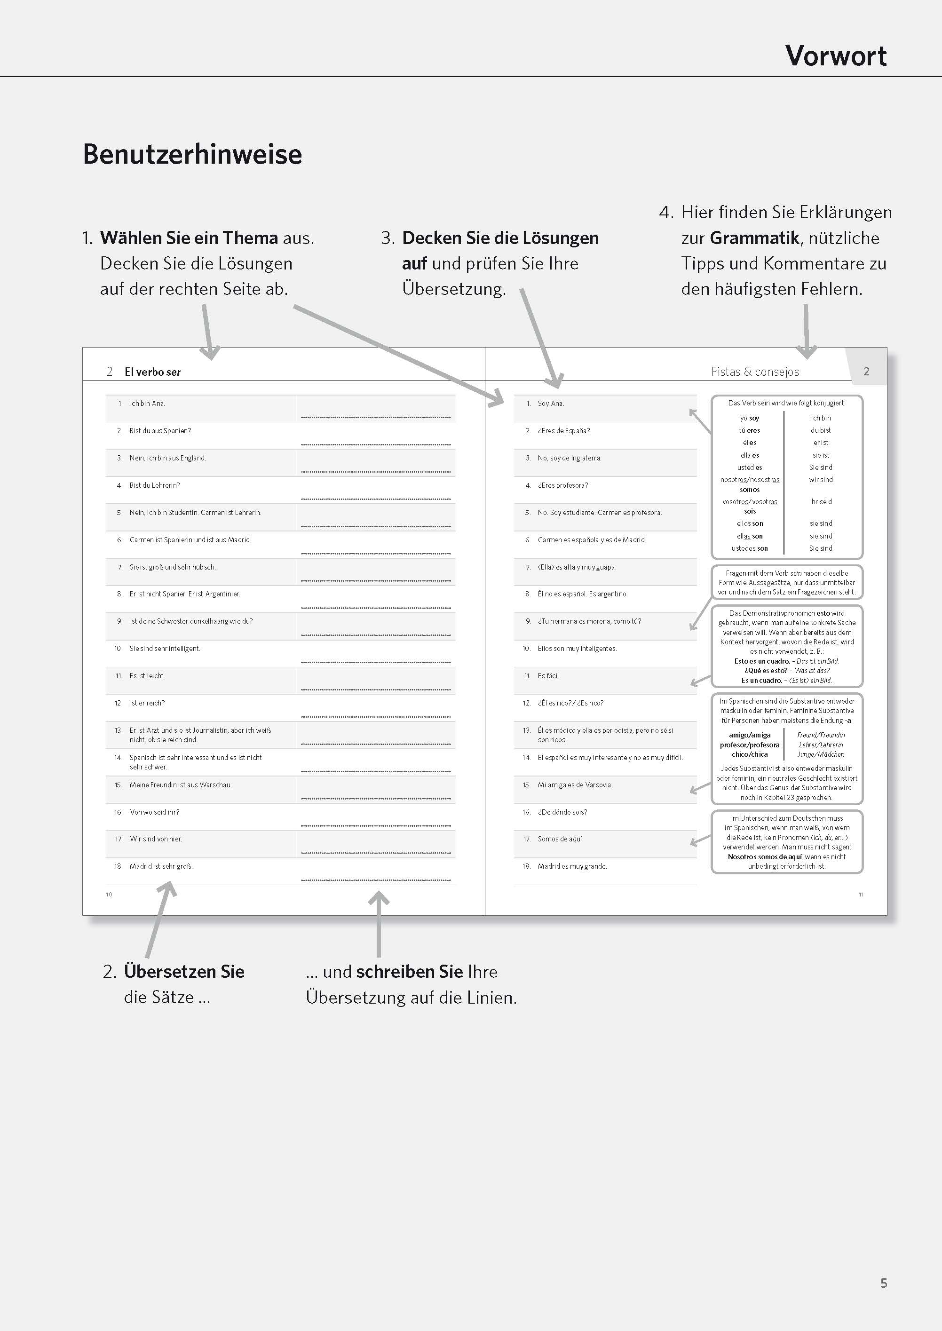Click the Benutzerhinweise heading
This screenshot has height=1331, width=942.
click(x=192, y=154)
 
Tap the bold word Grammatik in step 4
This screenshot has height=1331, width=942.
click(x=754, y=238)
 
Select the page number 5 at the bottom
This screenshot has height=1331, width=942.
click(x=883, y=1283)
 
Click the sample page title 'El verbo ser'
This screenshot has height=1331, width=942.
click(x=152, y=372)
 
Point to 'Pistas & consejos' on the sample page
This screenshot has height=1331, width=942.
click(x=755, y=372)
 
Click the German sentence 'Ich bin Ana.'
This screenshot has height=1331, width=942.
click(x=147, y=403)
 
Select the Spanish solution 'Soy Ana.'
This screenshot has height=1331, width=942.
click(x=550, y=403)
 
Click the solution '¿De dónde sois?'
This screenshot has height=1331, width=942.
click(x=562, y=812)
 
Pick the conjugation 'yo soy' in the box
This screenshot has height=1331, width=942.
click(x=750, y=418)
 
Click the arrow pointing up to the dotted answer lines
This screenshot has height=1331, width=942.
click(x=379, y=922)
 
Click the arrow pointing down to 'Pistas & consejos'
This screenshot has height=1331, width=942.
click(x=806, y=331)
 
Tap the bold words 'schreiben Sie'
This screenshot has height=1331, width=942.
click(x=410, y=971)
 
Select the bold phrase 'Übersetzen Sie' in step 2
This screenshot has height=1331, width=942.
click(x=184, y=971)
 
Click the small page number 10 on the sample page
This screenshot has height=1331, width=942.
click(x=109, y=894)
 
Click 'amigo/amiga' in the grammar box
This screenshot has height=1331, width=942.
click(x=750, y=735)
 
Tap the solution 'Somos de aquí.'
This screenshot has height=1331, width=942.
click(x=560, y=839)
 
